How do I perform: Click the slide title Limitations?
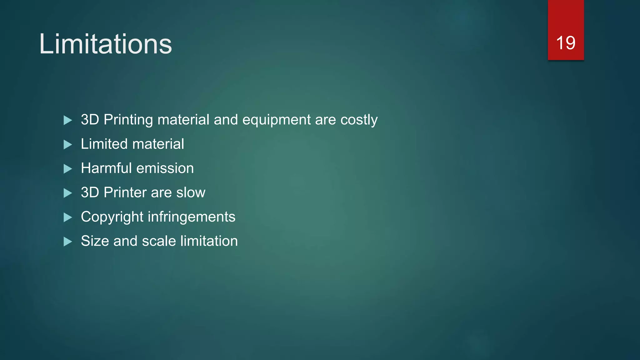click(105, 44)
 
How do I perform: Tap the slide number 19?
click(566, 43)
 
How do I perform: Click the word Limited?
click(104, 144)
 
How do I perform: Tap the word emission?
click(165, 168)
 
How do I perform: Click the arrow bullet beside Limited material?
click(68, 144)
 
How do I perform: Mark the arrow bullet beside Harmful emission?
click(68, 169)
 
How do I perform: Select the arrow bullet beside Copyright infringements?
click(68, 217)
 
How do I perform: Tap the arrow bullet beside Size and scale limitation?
click(68, 242)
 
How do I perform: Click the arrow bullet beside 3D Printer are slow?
click(68, 193)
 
